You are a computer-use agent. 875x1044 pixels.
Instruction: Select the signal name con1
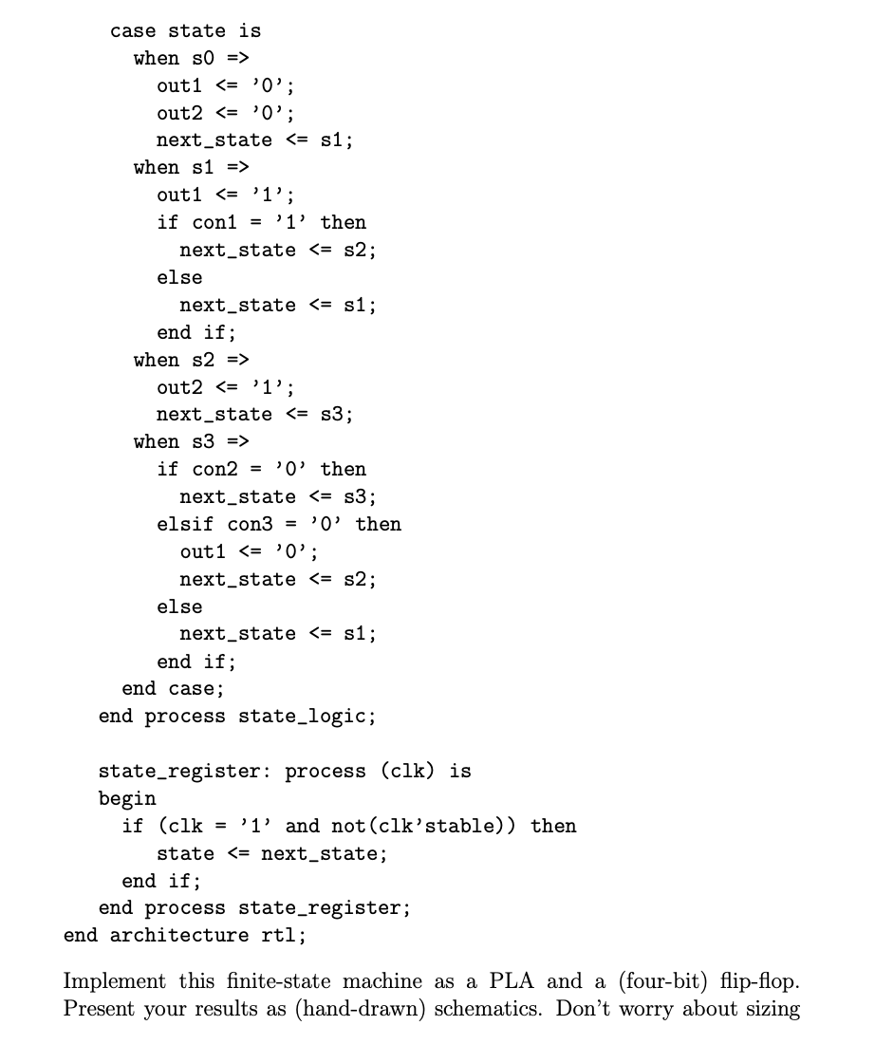(214, 222)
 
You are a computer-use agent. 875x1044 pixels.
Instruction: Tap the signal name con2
(214, 469)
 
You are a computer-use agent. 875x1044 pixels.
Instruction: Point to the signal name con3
(250, 524)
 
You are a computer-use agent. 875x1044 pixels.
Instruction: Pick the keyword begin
(127, 798)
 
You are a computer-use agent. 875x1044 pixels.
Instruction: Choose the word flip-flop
(759, 980)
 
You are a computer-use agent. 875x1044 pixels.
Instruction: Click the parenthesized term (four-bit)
(665, 981)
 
